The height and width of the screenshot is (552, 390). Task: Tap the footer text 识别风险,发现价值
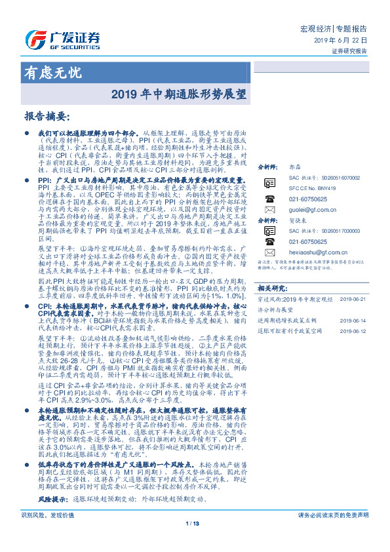pyautogui.click(x=48, y=534)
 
